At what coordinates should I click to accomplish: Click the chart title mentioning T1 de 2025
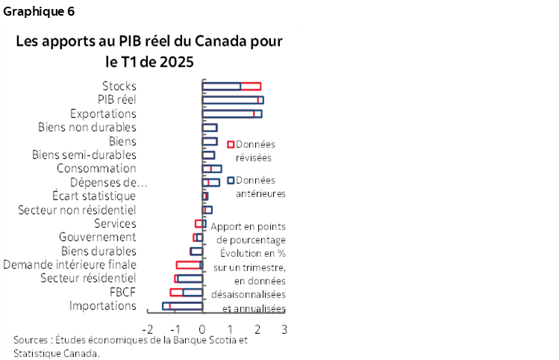pyautogui.click(x=149, y=50)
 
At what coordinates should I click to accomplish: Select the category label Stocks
pyautogui.click(x=119, y=86)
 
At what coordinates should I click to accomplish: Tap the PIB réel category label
pyautogui.click(x=116, y=99)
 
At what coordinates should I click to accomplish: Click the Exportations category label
pyautogui.click(x=103, y=114)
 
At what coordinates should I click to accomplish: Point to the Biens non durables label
pyautogui.click(x=87, y=127)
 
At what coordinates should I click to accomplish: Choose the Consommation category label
pyautogui.click(x=96, y=168)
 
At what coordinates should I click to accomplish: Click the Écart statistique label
pyautogui.click(x=94, y=196)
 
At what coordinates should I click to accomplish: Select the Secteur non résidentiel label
pyautogui.click(x=77, y=210)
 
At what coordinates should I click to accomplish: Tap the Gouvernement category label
pyautogui.click(x=97, y=237)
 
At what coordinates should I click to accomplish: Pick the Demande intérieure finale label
pyautogui.click(x=69, y=264)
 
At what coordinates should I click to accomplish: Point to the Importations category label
pyautogui.click(x=102, y=305)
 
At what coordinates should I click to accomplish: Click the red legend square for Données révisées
pyautogui.click(x=231, y=144)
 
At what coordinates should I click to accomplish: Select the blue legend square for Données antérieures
pyautogui.click(x=231, y=180)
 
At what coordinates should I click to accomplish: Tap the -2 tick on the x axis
pyautogui.click(x=147, y=329)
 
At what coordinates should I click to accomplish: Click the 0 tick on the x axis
pyautogui.click(x=202, y=329)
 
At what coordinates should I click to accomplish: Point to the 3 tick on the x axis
pyautogui.click(x=284, y=329)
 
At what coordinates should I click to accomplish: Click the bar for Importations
pyautogui.click(x=183, y=305)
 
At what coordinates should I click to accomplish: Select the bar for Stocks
pyautogui.click(x=231, y=86)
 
